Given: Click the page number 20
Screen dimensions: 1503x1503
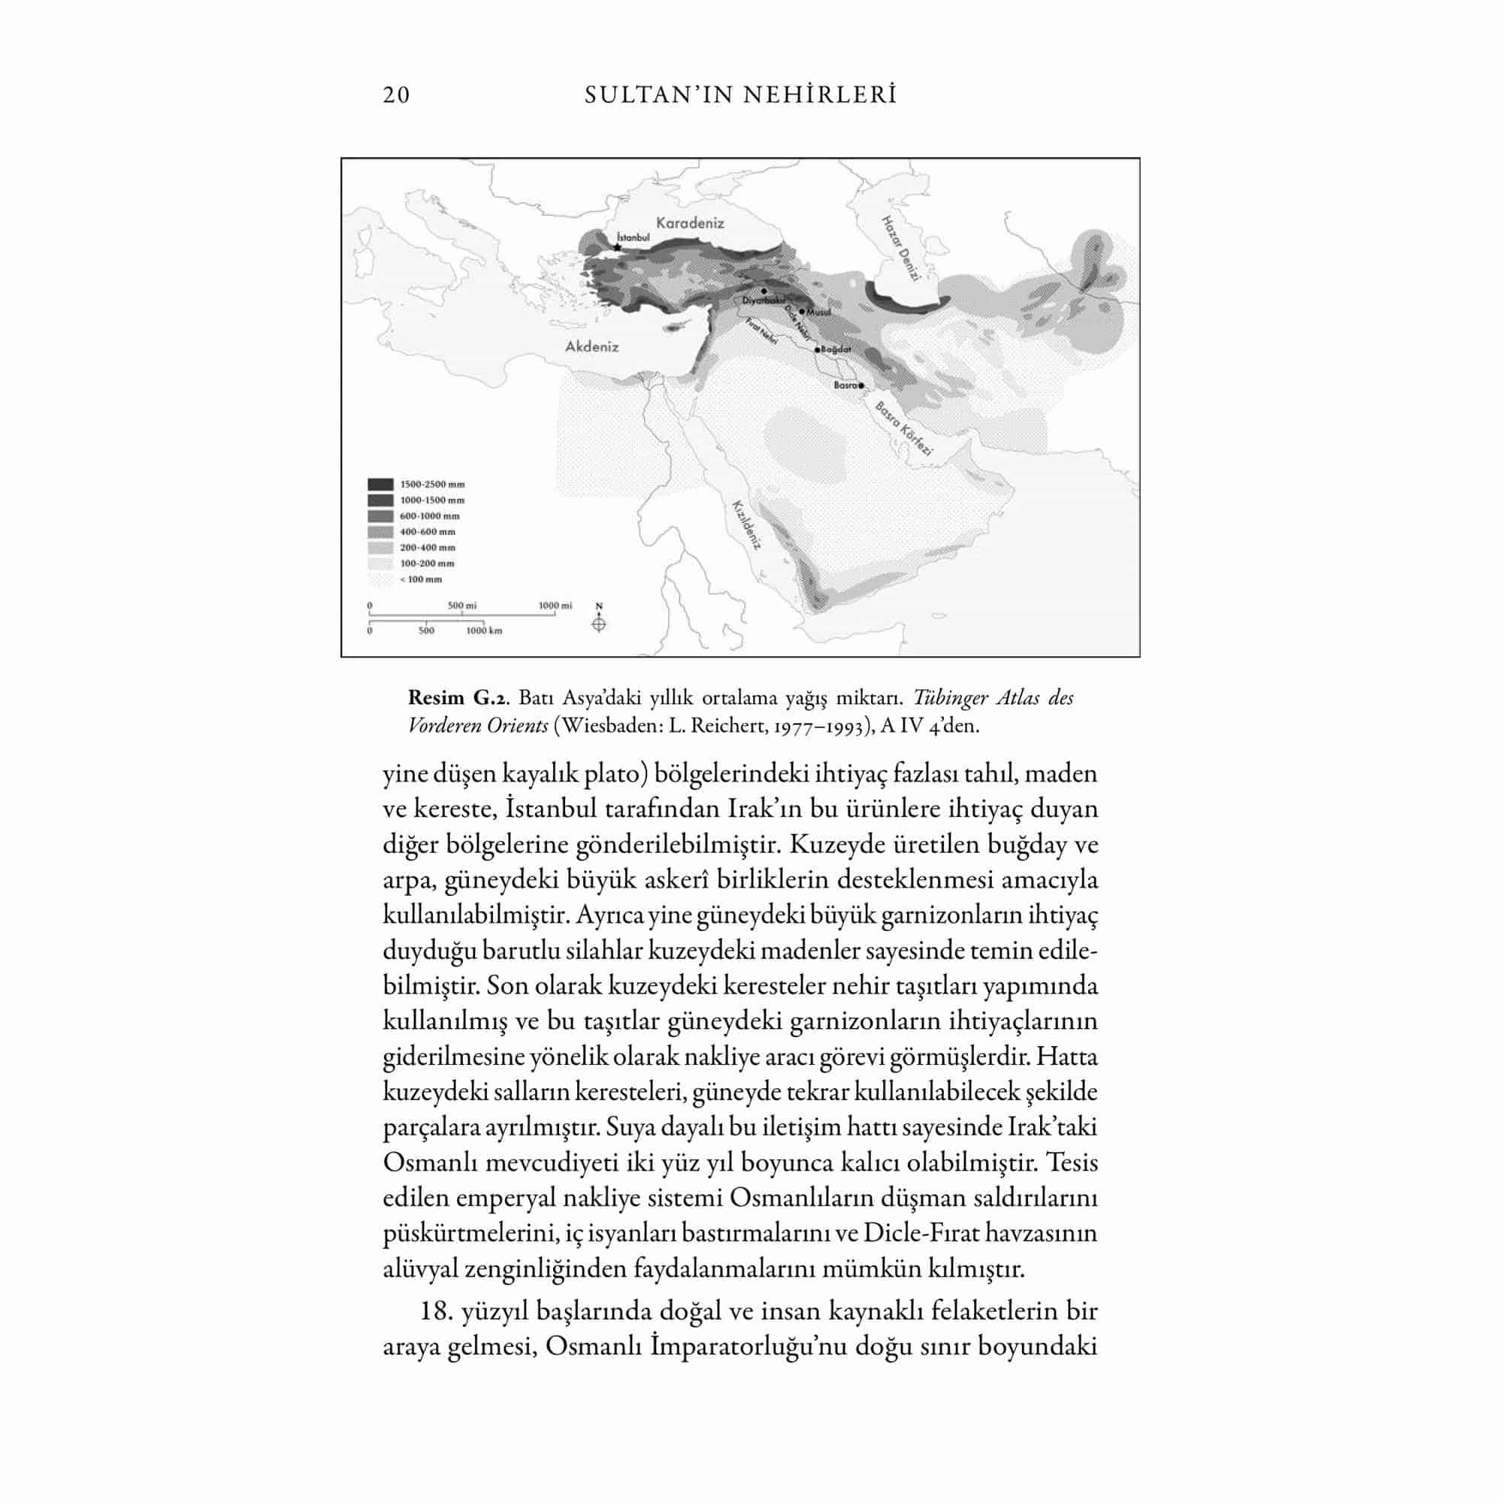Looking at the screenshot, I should (x=396, y=95).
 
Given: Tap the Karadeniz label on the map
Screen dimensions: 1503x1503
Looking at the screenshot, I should (x=690, y=223).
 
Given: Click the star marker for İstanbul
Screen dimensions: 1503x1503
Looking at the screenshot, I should (x=618, y=247).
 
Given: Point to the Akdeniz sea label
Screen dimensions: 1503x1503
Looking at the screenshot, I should (x=591, y=347).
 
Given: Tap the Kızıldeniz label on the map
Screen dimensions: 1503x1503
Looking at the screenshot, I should (x=745, y=525).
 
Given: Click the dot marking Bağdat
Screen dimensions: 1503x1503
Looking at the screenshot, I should (x=818, y=350).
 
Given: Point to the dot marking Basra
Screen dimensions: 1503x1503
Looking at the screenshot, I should (x=862, y=385).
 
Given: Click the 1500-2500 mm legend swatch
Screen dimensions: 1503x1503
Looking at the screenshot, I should (x=380, y=485).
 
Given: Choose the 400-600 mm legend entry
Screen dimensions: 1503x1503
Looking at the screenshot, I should (x=427, y=532).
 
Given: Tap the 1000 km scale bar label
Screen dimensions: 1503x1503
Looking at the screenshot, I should (x=484, y=631).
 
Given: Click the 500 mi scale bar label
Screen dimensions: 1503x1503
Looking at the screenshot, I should (x=462, y=605).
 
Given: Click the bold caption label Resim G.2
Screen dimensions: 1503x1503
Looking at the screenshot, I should (x=458, y=697).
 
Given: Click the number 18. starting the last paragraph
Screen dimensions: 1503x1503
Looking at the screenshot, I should (x=436, y=1311).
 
